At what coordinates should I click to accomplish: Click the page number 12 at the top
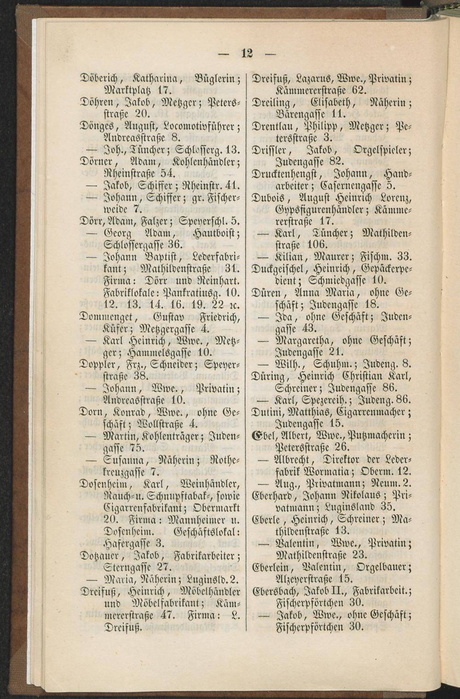(247, 53)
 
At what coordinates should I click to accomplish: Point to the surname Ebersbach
(277, 590)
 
